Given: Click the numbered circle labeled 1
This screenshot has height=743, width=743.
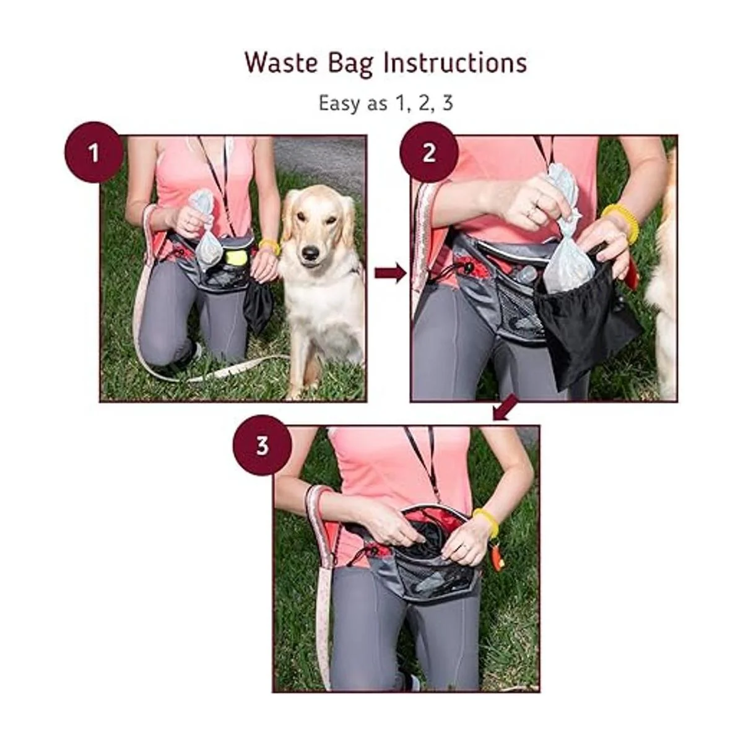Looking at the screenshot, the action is [x=94, y=153].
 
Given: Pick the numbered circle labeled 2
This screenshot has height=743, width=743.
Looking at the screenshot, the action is [x=428, y=153].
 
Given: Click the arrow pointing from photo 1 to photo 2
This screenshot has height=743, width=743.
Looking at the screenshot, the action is [x=390, y=274].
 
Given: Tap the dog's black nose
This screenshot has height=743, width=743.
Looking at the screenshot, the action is [x=310, y=253].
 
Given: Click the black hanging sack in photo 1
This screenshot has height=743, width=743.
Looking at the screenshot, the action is [x=258, y=306].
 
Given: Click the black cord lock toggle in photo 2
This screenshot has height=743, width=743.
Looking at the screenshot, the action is [x=467, y=266].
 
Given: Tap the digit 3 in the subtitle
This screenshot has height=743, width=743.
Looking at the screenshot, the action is [x=447, y=103].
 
